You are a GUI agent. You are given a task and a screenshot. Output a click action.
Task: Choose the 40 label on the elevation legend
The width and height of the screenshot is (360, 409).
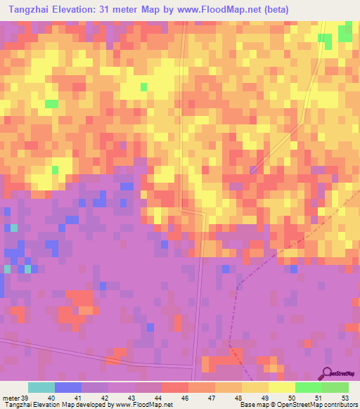51,399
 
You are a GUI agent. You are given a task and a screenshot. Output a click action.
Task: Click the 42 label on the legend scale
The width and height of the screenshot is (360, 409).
104,399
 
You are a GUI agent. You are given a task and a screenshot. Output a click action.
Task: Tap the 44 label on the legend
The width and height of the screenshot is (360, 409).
157,399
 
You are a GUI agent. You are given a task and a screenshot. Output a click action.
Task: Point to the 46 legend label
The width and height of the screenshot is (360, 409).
184,399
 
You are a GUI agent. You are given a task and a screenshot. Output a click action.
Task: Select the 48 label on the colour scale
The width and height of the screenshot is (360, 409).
238,399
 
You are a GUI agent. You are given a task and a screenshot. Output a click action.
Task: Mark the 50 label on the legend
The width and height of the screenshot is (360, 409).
291,399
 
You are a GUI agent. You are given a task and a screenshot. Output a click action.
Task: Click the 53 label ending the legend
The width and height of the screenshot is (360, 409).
344,399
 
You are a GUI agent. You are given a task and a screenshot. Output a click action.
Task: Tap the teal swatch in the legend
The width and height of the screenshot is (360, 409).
41,387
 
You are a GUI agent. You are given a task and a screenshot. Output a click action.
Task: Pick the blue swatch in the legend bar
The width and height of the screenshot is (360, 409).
67,387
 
